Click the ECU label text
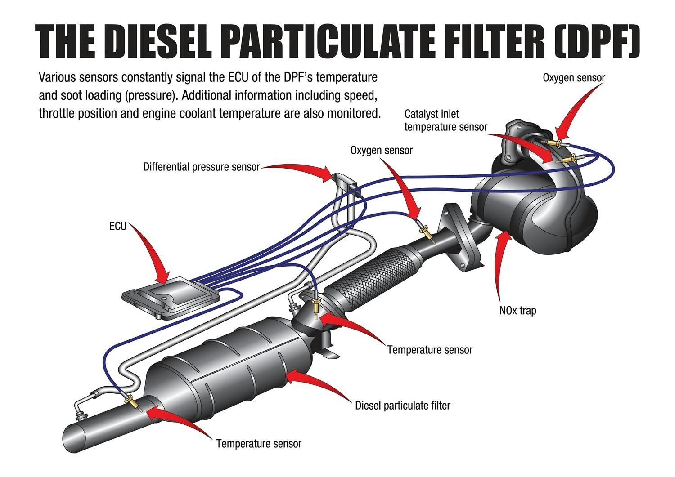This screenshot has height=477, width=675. point(118,226)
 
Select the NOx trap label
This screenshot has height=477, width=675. point(517,310)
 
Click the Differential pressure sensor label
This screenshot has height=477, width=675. point(201,167)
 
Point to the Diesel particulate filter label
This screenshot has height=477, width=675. point(402,406)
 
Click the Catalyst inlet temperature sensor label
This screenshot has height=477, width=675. point(445,120)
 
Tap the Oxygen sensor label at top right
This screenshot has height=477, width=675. point(574,77)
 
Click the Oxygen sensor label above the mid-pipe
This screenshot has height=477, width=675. point(381,150)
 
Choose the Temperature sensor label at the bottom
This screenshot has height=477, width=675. point(259,444)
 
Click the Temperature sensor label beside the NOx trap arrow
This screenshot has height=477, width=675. point(430,350)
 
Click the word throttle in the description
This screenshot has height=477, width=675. point(58,113)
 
